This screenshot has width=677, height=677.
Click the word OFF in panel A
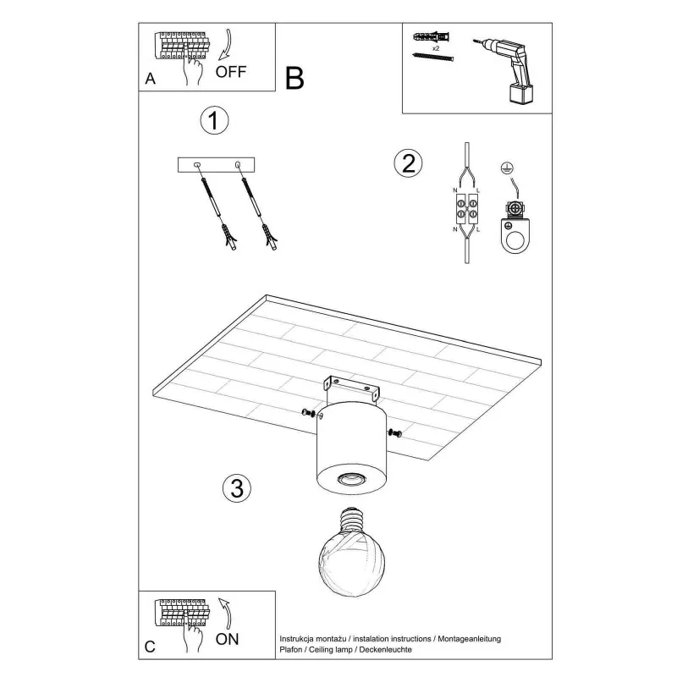click(x=230, y=72)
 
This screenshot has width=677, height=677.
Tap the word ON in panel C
click(x=227, y=639)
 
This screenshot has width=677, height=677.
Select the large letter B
click(x=294, y=78)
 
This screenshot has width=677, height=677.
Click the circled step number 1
click(x=215, y=120)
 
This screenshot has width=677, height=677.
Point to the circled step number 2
click(x=408, y=163)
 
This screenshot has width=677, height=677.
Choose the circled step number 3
click(x=237, y=488)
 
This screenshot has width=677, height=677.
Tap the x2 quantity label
click(x=436, y=48)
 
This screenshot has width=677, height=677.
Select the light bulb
click(x=351, y=553)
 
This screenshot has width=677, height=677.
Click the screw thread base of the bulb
click(x=351, y=520)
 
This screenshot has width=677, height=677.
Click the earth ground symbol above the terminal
click(x=507, y=168)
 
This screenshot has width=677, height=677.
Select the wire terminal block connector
click(x=467, y=209)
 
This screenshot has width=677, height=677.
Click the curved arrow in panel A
click(x=227, y=45)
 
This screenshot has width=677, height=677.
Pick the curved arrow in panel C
click(x=225, y=613)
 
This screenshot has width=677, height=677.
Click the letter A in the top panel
click(x=150, y=79)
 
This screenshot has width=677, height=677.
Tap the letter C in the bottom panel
click(x=150, y=647)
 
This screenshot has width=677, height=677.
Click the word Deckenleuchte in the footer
click(x=385, y=649)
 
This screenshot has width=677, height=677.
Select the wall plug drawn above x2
click(x=432, y=36)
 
